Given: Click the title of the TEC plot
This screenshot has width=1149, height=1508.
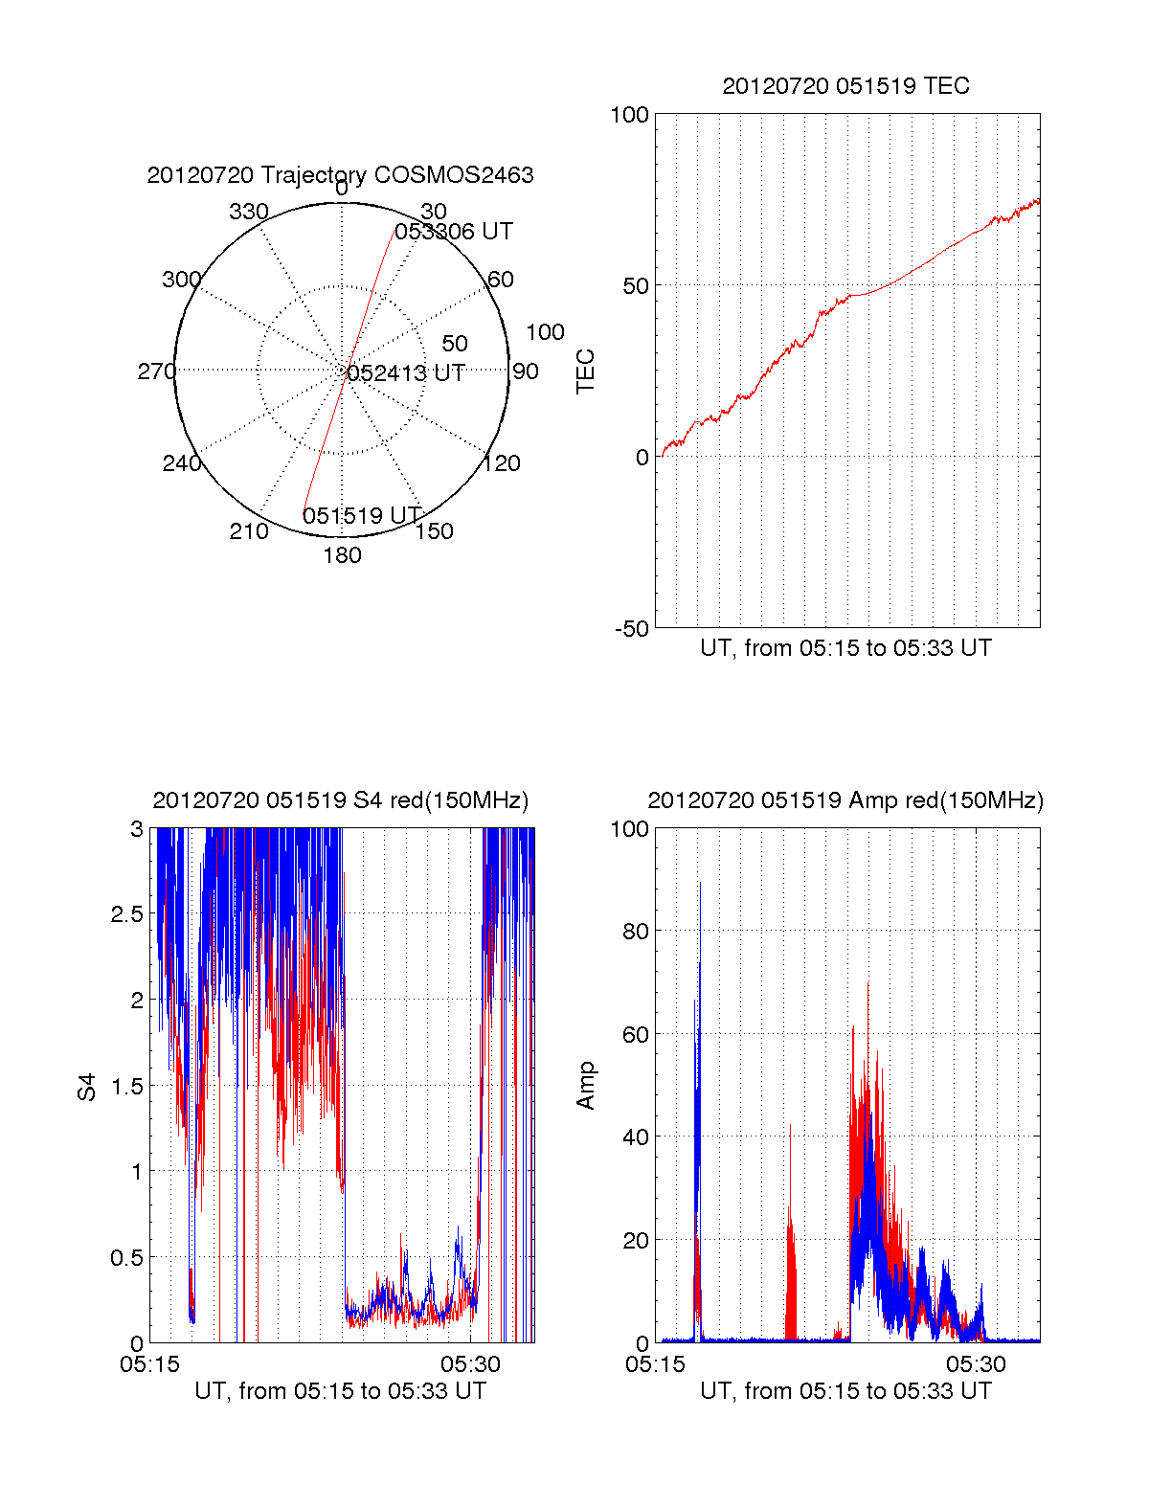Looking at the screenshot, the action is [x=845, y=86].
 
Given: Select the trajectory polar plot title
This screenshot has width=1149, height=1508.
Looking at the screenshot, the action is [x=340, y=175].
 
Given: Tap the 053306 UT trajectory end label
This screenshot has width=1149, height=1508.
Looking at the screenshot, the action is [x=453, y=232].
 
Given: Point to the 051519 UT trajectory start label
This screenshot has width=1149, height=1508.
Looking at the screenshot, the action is [x=361, y=515].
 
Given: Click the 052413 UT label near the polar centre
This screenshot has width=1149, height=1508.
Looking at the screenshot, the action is [x=406, y=373].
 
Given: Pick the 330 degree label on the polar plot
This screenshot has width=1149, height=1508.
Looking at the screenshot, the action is [x=249, y=211].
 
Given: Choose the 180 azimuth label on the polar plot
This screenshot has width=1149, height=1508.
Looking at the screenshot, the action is [x=342, y=555].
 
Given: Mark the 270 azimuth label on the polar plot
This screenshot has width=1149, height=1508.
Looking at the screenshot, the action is [x=157, y=371].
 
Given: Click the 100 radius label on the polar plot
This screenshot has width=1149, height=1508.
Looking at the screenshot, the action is [x=545, y=332].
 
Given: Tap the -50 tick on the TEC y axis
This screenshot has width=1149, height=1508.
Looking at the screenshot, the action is [x=632, y=629].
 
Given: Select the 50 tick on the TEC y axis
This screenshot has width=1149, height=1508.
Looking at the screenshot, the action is [x=636, y=285].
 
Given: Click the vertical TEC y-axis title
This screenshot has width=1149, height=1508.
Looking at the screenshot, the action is [x=585, y=371].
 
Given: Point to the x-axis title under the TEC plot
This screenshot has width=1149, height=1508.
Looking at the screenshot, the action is [x=845, y=648].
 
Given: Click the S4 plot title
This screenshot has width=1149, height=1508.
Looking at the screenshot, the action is [x=340, y=800].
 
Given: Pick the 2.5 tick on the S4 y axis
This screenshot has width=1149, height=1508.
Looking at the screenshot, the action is [x=127, y=914].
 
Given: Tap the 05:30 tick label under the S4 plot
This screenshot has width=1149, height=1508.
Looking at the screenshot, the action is [x=470, y=1363].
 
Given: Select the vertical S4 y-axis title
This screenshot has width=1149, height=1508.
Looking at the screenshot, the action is [x=86, y=1087].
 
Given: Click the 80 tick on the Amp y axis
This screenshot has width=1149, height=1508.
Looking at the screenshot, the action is [x=636, y=932].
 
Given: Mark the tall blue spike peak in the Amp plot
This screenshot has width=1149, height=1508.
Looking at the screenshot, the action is [x=700, y=883].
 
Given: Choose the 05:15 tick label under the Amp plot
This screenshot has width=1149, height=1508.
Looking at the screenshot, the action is [x=655, y=1363].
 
